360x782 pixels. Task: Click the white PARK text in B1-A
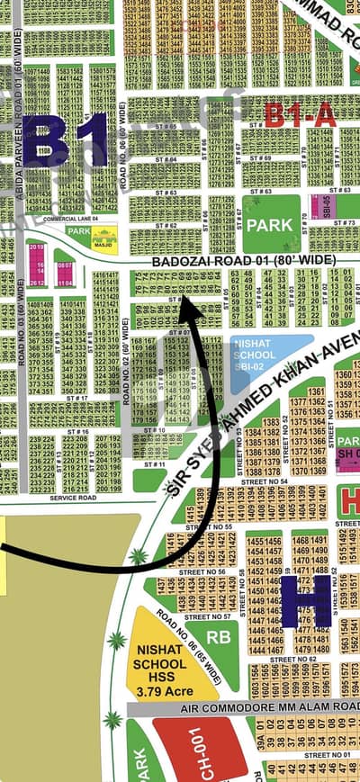click(272, 224)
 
